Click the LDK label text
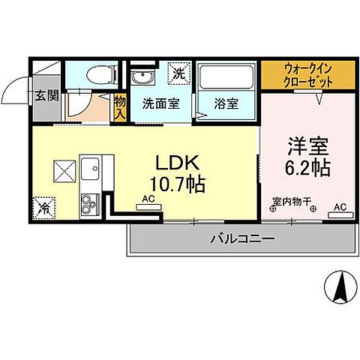click(178, 163)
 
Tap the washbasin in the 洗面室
click(140, 79)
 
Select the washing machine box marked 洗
click(179, 73)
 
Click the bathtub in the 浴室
click(226, 78)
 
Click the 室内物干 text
click(293, 200)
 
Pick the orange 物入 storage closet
click(120, 105)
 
